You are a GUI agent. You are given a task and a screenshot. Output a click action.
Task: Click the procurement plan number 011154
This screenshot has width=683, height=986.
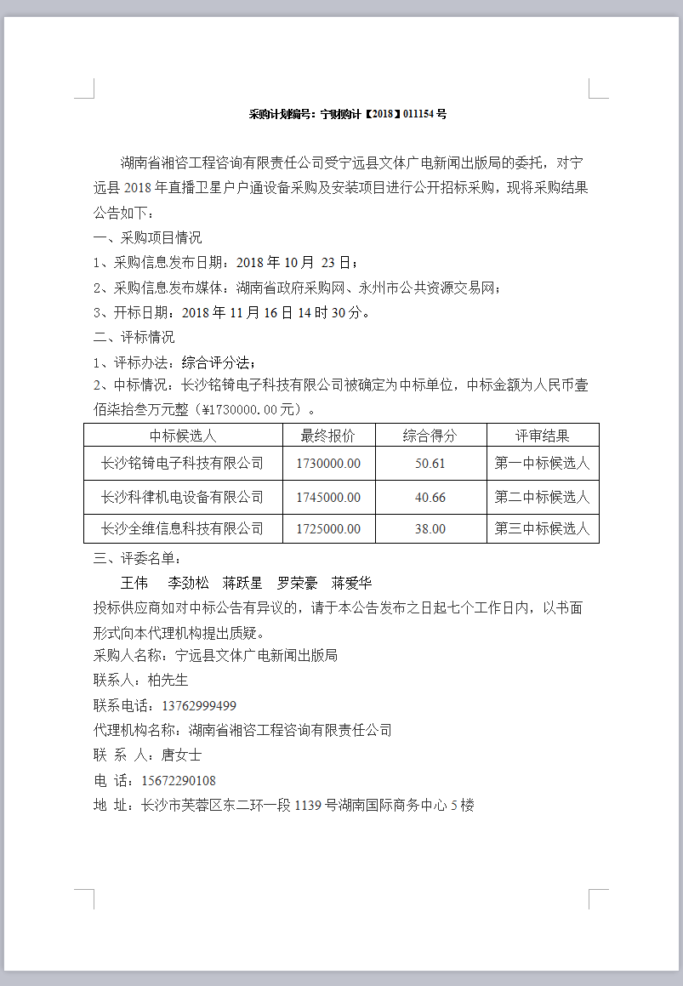click(x=419, y=114)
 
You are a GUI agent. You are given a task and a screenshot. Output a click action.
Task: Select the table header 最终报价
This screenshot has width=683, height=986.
click(x=328, y=436)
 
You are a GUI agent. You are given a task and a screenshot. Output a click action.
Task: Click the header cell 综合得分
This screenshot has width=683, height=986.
click(x=430, y=436)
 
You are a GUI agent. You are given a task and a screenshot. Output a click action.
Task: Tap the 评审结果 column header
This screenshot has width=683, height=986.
click(x=542, y=436)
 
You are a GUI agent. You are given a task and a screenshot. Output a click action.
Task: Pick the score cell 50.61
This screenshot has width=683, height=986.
click(x=430, y=465)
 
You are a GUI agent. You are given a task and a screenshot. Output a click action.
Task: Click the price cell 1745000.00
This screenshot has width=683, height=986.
click(x=328, y=497)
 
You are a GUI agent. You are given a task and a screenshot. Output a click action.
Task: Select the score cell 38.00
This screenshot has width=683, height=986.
click(x=430, y=529)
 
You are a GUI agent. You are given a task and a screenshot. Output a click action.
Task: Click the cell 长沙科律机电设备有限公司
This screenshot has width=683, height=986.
click(x=182, y=497)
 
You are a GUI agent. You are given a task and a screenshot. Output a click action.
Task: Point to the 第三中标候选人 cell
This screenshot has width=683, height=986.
click(x=542, y=529)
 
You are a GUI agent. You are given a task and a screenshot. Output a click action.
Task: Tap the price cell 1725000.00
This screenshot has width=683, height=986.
click(x=328, y=529)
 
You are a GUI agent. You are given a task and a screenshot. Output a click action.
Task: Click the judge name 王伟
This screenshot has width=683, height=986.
click(x=134, y=584)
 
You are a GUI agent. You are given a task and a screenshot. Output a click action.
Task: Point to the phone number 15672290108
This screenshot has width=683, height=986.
click(x=179, y=781)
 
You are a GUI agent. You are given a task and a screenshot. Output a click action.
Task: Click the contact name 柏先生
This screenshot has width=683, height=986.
click(x=168, y=681)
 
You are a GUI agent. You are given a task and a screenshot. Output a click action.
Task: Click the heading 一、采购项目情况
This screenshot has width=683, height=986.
click(x=147, y=238)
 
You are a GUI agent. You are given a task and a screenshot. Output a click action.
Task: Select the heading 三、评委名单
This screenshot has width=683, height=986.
click(x=136, y=559)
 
